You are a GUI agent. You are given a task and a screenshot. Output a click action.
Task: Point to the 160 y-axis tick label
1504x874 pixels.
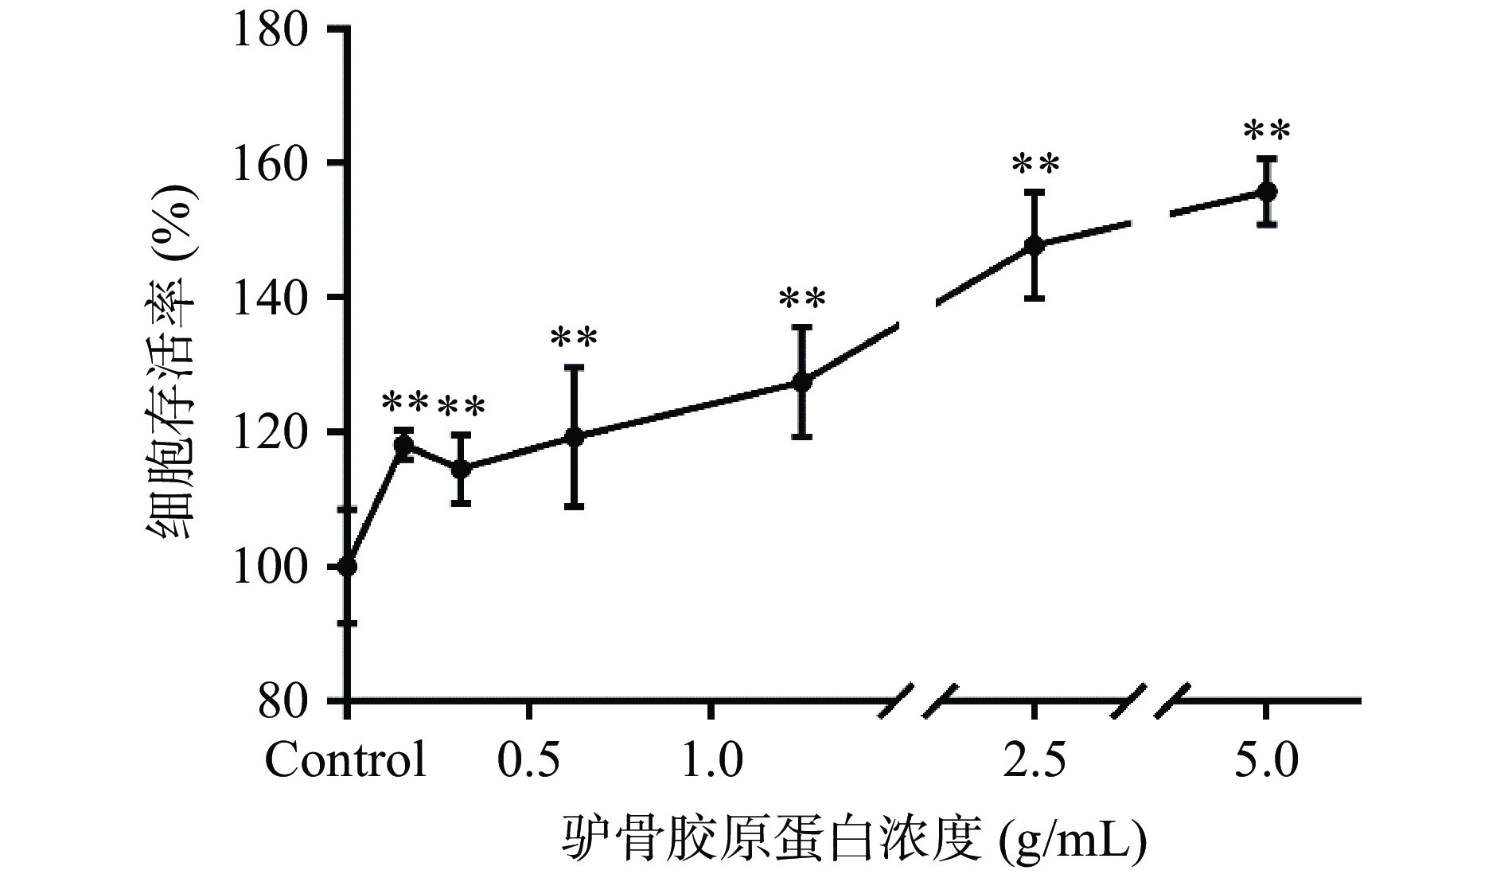coord(270,163)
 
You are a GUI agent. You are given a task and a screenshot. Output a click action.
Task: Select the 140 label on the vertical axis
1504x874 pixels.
coord(270,298)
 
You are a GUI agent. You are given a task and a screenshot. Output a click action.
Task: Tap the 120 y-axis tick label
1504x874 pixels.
coord(270,432)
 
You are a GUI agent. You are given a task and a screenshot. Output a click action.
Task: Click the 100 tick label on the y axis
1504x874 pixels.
coord(270,567)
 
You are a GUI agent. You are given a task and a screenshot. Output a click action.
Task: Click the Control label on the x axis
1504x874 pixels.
coord(345,761)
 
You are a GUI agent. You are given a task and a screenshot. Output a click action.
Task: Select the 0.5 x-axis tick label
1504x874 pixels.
coord(529,761)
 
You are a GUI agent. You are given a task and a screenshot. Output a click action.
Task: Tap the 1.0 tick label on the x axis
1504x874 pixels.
coord(712,761)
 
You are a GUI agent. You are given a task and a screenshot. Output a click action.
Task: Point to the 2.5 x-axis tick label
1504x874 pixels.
coord(1034,761)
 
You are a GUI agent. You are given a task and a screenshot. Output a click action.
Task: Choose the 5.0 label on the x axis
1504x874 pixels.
coord(1266,761)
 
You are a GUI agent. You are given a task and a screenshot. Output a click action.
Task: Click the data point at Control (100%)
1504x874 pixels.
coord(348,567)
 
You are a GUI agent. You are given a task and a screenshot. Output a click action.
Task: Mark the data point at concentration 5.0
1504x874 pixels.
coord(1267,192)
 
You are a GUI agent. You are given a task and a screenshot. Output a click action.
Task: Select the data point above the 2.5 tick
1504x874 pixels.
coord(1034,245)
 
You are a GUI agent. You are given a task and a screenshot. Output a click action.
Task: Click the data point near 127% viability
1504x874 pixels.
coord(802,382)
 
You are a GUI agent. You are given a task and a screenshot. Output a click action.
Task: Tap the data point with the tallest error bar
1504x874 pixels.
coord(573,436)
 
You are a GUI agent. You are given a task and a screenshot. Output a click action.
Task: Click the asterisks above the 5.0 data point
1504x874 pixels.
coord(1266,131)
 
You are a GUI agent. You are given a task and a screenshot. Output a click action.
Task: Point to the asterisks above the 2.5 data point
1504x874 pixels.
coord(1035,166)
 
